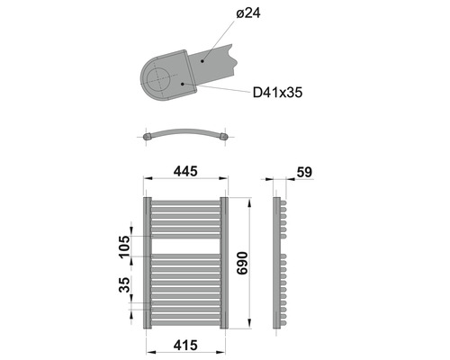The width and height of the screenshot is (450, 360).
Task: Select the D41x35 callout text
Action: coord(277,92)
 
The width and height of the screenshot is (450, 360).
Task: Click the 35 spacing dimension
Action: coord(125,288)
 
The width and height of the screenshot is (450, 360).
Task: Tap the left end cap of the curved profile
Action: coord(147,137)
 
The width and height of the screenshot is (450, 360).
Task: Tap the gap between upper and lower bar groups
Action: coord(185,246)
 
